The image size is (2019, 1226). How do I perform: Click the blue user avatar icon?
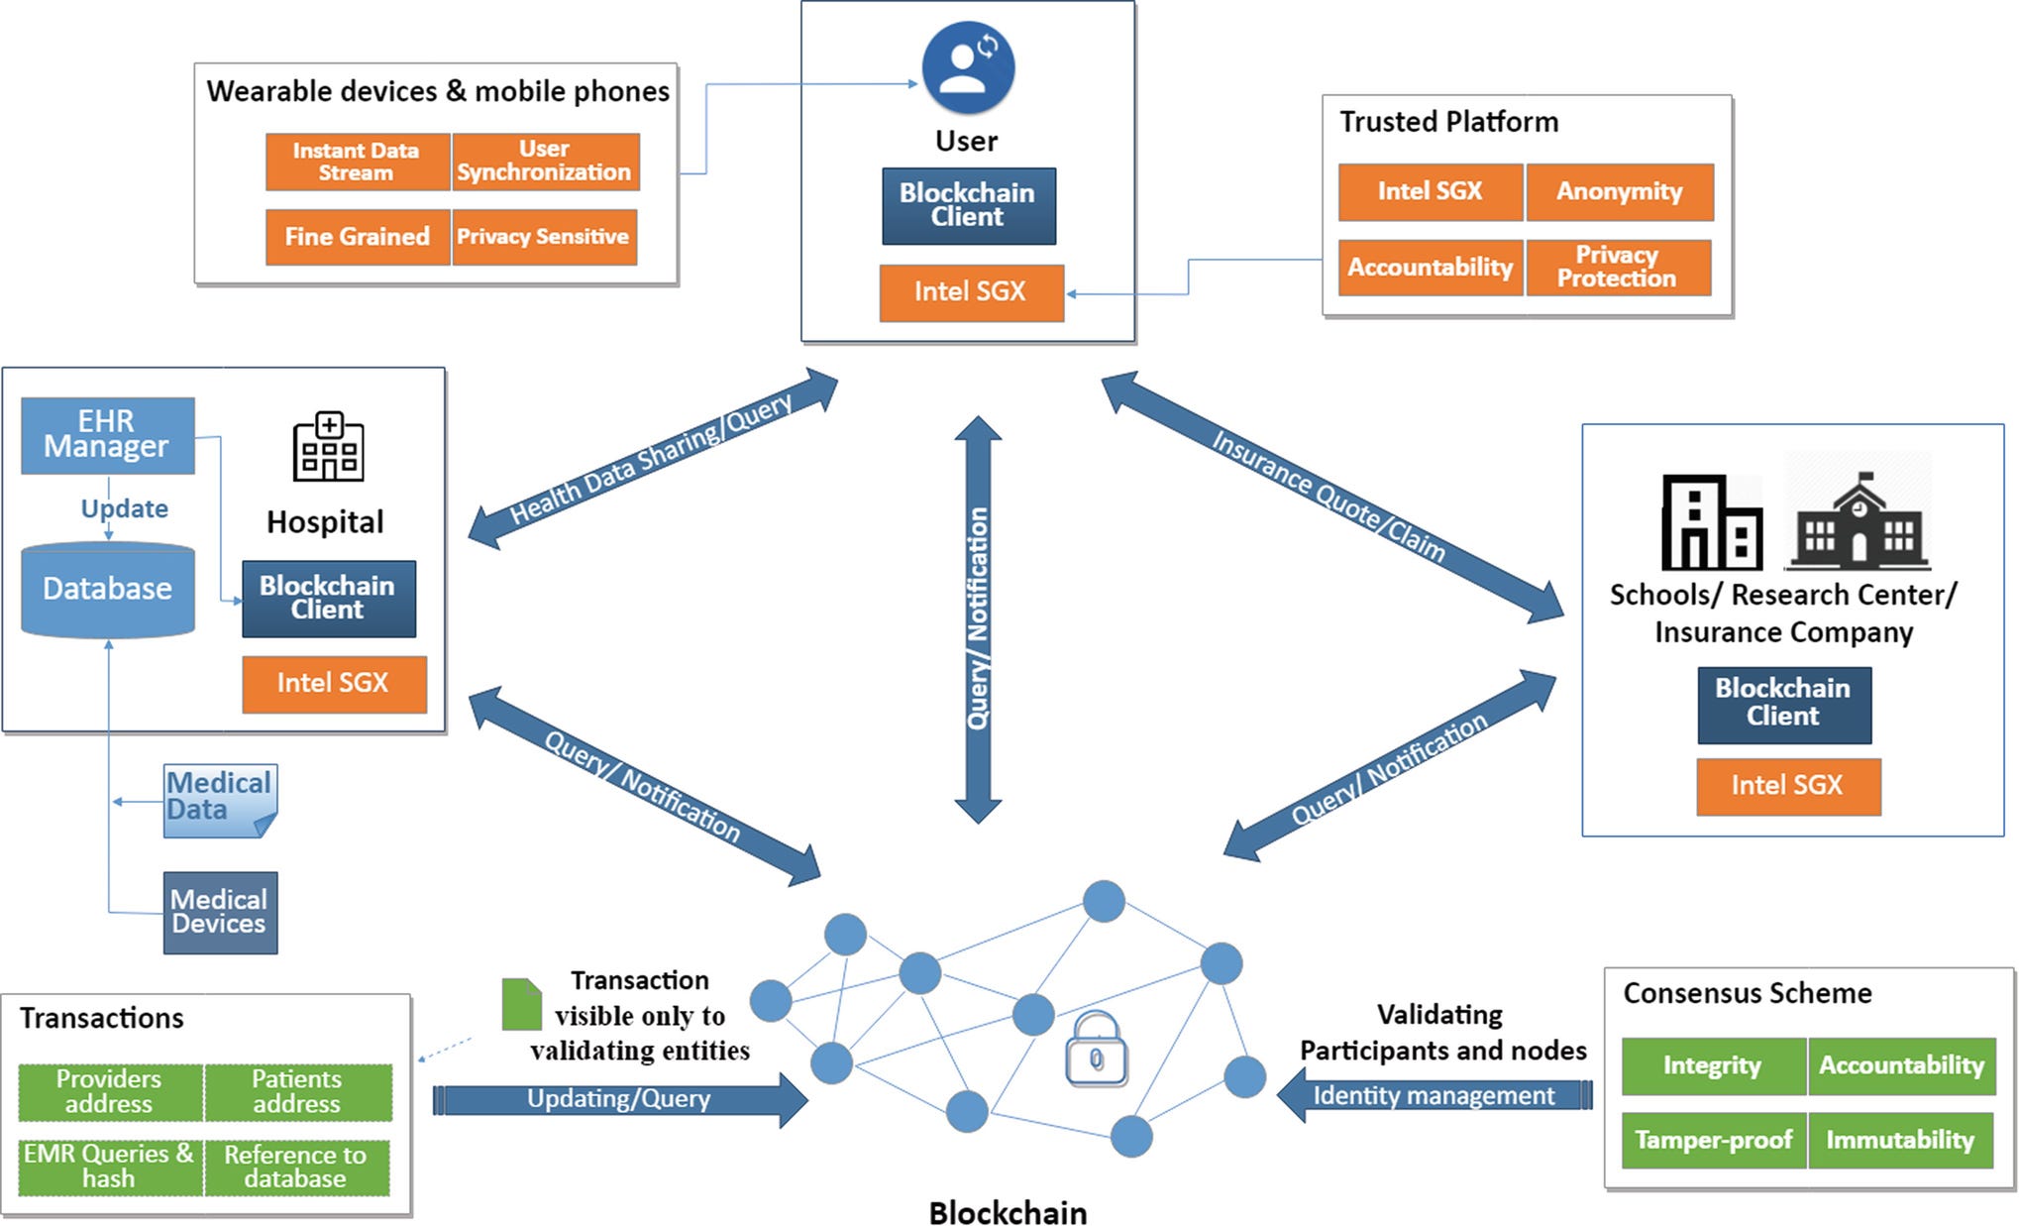tap(967, 67)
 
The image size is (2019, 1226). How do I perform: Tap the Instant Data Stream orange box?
tap(357, 162)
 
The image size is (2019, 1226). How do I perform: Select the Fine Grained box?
tap(357, 237)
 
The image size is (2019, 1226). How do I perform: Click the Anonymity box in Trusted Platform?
tap(1619, 191)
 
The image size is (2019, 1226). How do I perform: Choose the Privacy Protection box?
tap(1617, 267)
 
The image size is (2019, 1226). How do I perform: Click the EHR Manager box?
tap(107, 435)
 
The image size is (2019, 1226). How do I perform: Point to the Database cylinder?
tap(107, 589)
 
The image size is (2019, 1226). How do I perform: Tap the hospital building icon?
tap(328, 446)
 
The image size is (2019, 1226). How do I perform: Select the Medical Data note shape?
tap(219, 800)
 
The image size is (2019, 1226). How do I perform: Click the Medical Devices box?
tap(219, 912)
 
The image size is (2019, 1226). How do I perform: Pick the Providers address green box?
tap(109, 1091)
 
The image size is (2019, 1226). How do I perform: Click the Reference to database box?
tap(295, 1167)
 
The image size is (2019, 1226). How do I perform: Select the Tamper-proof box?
tap(1713, 1140)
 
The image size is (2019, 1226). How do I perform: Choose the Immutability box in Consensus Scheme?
tap(1899, 1140)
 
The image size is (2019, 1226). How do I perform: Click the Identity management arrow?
tap(1434, 1095)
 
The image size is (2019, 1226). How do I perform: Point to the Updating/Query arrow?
tap(619, 1099)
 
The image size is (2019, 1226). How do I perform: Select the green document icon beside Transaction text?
tap(521, 1004)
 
